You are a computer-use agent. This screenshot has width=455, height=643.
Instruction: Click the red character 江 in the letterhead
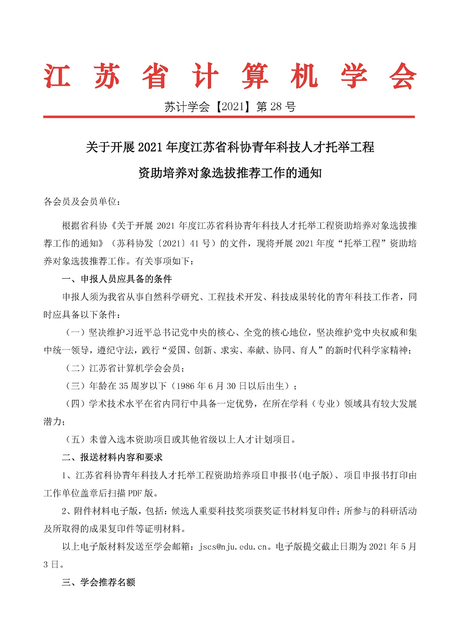(x=58, y=76)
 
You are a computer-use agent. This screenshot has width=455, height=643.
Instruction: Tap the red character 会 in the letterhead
(x=402, y=76)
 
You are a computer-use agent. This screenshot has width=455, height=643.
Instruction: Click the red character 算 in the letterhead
(x=255, y=76)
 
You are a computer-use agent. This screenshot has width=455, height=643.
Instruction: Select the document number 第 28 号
(x=276, y=107)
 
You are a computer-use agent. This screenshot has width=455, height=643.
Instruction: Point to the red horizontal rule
(x=229, y=117)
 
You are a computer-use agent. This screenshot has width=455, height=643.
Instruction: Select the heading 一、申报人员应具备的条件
(x=117, y=279)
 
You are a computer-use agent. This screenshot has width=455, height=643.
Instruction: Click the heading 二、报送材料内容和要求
(x=112, y=457)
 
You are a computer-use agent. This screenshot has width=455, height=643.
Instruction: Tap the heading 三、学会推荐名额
(x=98, y=582)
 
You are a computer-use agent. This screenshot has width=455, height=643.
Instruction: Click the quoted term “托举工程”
(x=362, y=244)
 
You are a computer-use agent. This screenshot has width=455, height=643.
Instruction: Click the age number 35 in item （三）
(x=124, y=386)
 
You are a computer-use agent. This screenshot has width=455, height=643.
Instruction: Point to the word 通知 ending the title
(x=310, y=173)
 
